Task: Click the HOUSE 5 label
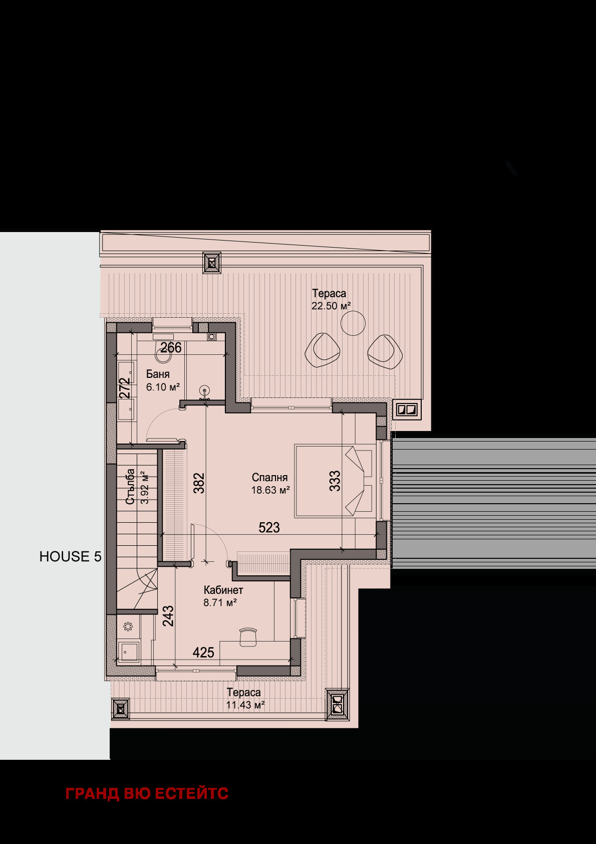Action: tap(71, 556)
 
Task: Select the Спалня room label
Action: tap(269, 478)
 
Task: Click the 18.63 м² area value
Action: tap(270, 490)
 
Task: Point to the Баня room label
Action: tap(158, 374)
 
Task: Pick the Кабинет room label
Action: tap(223, 590)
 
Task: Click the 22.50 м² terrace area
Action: tap(332, 306)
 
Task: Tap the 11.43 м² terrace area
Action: tap(245, 705)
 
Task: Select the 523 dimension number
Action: tap(269, 527)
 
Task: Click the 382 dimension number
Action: tap(199, 483)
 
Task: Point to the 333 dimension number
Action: tap(335, 481)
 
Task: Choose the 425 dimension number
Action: tap(203, 653)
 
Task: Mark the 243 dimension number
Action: tap(168, 615)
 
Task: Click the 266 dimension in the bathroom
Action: tap(171, 347)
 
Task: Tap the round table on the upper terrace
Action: tap(353, 323)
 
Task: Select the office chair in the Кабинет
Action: tap(248, 637)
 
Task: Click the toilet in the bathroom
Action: tap(163, 352)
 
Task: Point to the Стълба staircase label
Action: tap(130, 486)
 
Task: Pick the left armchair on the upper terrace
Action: tap(322, 350)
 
